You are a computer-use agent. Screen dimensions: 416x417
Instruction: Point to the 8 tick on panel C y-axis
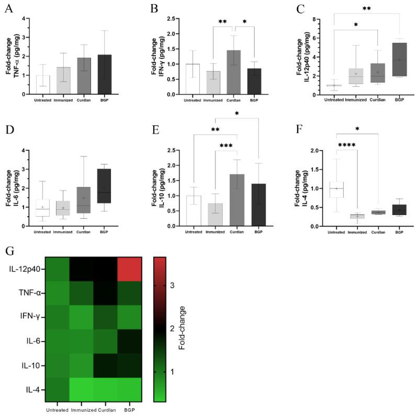tap(319, 19)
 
